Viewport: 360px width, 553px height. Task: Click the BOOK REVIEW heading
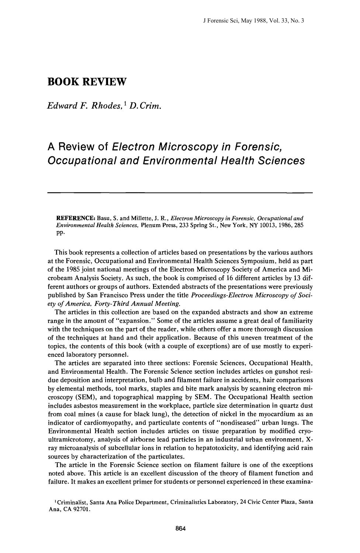pyautogui.click(x=87, y=82)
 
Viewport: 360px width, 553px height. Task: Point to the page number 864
pyautogui.click(x=180, y=529)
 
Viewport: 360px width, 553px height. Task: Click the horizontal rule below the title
pyautogui.click(x=180, y=192)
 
